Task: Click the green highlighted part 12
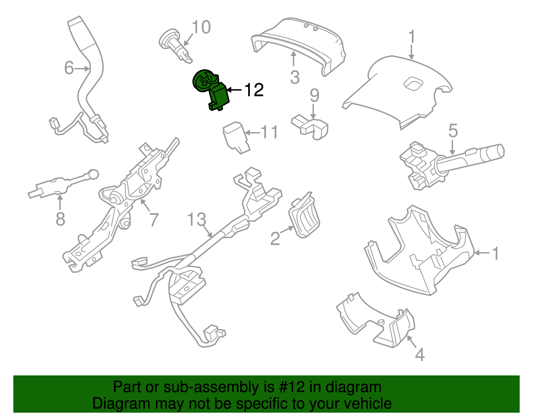[213, 90]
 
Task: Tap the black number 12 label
[254, 90]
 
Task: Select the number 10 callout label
[201, 27]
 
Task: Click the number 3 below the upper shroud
[295, 77]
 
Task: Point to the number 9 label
[314, 96]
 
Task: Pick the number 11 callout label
[269, 133]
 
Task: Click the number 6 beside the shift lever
[69, 68]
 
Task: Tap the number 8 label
[60, 219]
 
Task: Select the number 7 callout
[153, 220]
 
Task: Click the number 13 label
[197, 219]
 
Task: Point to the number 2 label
[275, 238]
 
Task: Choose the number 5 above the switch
[453, 131]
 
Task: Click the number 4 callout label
[420, 354]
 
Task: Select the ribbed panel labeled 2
[304, 216]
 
